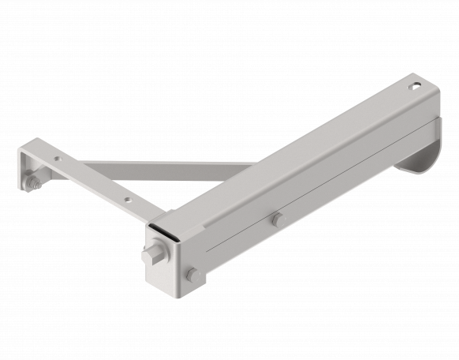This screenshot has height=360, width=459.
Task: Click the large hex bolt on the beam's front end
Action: tap(151, 257)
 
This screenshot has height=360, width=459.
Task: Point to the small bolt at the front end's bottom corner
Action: tap(192, 275)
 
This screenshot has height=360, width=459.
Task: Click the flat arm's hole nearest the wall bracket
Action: tap(57, 159)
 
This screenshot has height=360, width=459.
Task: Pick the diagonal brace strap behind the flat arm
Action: tap(174, 167)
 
